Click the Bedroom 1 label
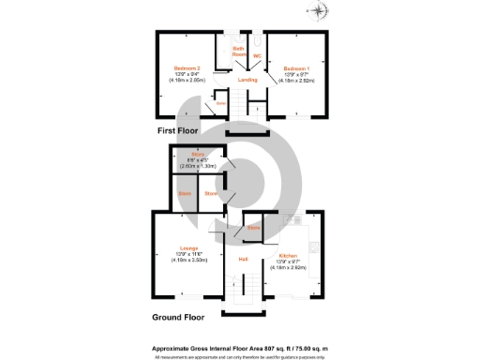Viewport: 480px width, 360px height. click(297, 67)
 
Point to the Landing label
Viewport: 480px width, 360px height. click(247, 80)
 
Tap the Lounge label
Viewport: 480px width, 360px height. click(187, 248)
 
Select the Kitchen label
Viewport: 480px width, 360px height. click(287, 255)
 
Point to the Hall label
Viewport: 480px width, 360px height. click(242, 259)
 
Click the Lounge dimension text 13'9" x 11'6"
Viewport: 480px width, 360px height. click(187, 255)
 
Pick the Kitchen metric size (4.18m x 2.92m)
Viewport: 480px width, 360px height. click(287, 268)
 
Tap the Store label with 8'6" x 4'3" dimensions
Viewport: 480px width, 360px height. click(198, 154)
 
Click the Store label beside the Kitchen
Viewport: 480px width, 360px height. click(253, 228)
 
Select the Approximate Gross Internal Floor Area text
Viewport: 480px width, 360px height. click(239, 346)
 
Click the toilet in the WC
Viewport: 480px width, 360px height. click(257, 42)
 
